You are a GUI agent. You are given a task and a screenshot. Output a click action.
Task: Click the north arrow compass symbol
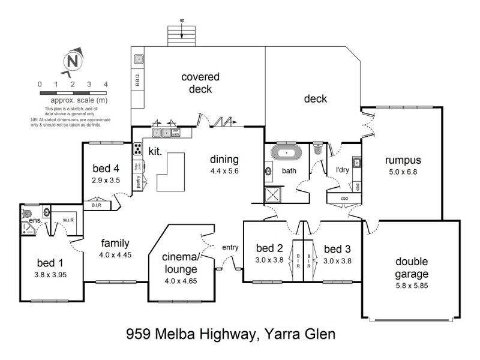tap(73, 61)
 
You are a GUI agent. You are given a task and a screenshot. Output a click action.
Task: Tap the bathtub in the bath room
tap(286, 154)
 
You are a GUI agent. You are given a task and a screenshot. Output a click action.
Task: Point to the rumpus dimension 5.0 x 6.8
tap(403, 171)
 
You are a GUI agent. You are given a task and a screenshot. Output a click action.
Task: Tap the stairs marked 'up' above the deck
tap(182, 35)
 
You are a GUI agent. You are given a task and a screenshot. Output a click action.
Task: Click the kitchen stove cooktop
tap(137, 149)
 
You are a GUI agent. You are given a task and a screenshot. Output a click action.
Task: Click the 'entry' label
tap(230, 247)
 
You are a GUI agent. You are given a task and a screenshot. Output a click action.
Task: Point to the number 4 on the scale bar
tap(106, 85)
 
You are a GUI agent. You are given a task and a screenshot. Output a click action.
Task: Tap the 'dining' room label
tap(224, 160)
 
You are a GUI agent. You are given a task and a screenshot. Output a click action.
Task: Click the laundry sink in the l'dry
tap(356, 163)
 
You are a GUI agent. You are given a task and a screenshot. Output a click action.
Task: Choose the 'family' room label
tap(115, 243)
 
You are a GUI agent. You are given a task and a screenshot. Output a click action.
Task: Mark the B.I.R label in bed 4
tap(97, 205)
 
